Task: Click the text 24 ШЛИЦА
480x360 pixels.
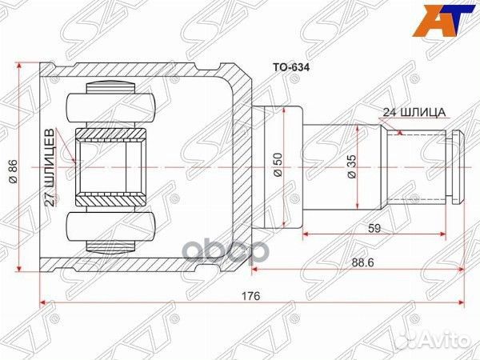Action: click(414, 114)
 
